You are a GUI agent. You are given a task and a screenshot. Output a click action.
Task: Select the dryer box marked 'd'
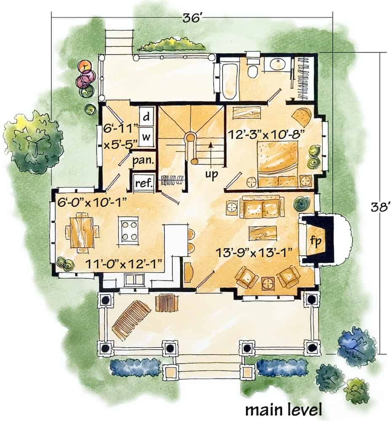[147, 117]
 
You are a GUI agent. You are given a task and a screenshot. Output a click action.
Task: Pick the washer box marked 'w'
[147, 136]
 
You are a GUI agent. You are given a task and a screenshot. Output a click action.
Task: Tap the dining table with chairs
[82, 232]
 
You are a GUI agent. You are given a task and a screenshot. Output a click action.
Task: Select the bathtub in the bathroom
[229, 80]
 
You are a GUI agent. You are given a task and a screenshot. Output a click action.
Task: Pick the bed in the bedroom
[278, 164]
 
